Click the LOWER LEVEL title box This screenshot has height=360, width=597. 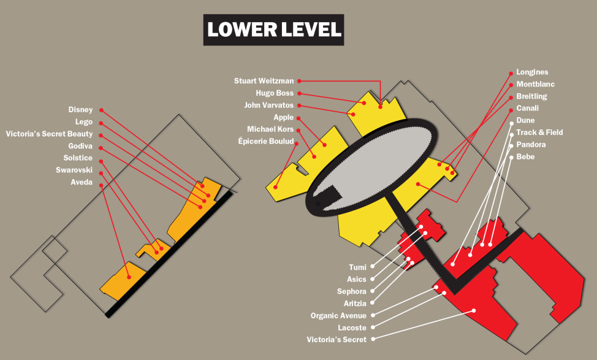coord(274,30)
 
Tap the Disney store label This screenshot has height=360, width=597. coord(80,110)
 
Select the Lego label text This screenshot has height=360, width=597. coord(83,122)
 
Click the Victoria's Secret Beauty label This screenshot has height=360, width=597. coord(49,134)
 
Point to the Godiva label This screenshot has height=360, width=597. coord(80,146)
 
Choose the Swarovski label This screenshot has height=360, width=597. coord(74,170)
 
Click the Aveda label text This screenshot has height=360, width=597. coord(82,182)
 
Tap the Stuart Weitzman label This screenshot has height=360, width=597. coord(264,81)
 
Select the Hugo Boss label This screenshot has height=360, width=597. coord(275,93)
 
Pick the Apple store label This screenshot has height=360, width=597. coord(284,117)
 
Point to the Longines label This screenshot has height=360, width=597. coord(532,72)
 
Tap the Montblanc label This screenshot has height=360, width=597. coord(535,84)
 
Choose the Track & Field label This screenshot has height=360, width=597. coord(539,132)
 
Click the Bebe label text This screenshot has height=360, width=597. coord(525,157)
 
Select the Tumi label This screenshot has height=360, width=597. coord(357,267)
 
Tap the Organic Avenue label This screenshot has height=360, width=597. coord(338,316)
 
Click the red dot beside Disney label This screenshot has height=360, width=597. coord(102,110)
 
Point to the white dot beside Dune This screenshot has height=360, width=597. coord(511,121)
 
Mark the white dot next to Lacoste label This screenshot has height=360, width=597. coord(373,327)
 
